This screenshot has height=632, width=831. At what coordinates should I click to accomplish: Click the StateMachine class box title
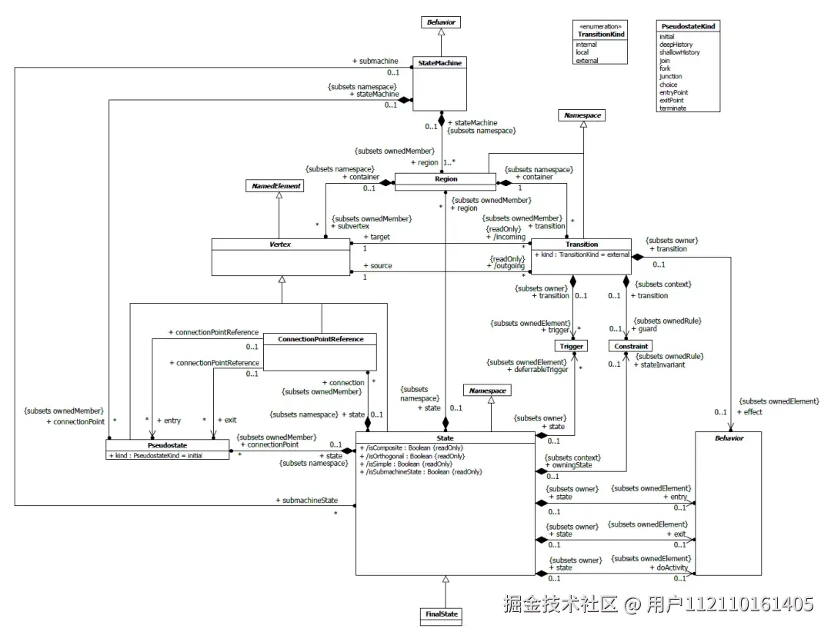[x=440, y=63]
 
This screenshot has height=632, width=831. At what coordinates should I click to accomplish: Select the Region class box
[x=446, y=180]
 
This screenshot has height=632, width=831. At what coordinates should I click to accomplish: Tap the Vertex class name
[x=280, y=244]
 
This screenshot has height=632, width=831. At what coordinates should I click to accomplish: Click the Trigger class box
[x=572, y=346]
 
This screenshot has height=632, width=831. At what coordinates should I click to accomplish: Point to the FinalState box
[x=442, y=614]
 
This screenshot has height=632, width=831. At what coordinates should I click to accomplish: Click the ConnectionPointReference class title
[x=320, y=338]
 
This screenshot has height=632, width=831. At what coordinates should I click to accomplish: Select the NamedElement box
[x=273, y=186]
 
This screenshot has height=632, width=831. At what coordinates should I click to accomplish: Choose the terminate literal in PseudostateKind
[x=672, y=108]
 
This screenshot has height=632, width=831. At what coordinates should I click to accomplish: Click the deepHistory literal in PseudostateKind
[x=676, y=45]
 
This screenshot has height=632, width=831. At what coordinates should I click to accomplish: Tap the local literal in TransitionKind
[x=583, y=52]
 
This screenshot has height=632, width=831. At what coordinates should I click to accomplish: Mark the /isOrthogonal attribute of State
[x=412, y=456]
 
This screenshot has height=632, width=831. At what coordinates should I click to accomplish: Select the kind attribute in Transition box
[x=581, y=254]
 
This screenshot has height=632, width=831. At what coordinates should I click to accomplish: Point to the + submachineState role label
[x=306, y=501]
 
